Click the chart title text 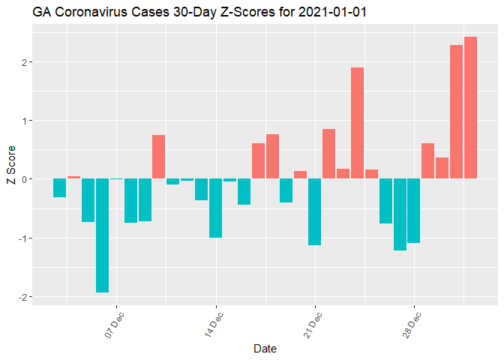click(x=199, y=12)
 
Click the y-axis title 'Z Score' click(x=11, y=169)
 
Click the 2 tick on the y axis click(x=24, y=61)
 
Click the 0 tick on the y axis click(x=24, y=179)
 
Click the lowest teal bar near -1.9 click(x=102, y=235)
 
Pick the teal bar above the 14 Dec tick click(x=216, y=208)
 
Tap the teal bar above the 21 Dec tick click(x=315, y=212)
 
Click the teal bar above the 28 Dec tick click(x=414, y=211)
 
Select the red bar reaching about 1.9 click(x=357, y=123)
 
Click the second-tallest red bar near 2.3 click(x=456, y=112)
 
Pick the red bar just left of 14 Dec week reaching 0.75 click(x=158, y=157)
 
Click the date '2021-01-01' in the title click(x=332, y=12)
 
